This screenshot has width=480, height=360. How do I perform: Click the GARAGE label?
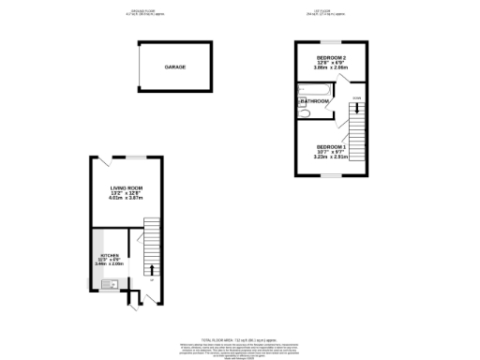tap(175, 68)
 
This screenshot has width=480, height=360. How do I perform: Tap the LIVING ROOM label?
tap(128, 187)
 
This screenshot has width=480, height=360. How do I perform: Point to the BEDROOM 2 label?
tap(332, 57)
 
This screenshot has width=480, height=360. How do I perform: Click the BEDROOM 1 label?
tap(332, 146)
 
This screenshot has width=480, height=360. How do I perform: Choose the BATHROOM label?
tap(315, 101)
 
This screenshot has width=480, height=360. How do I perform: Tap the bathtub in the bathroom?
tap(311, 92)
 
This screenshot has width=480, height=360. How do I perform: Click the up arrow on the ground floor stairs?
tap(151, 270)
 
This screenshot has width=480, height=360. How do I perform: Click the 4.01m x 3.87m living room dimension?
tap(128, 199)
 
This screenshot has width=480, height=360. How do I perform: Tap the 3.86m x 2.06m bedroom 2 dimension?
tap(332, 68)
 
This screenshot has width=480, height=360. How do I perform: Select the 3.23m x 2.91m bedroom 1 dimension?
tap(332, 157)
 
